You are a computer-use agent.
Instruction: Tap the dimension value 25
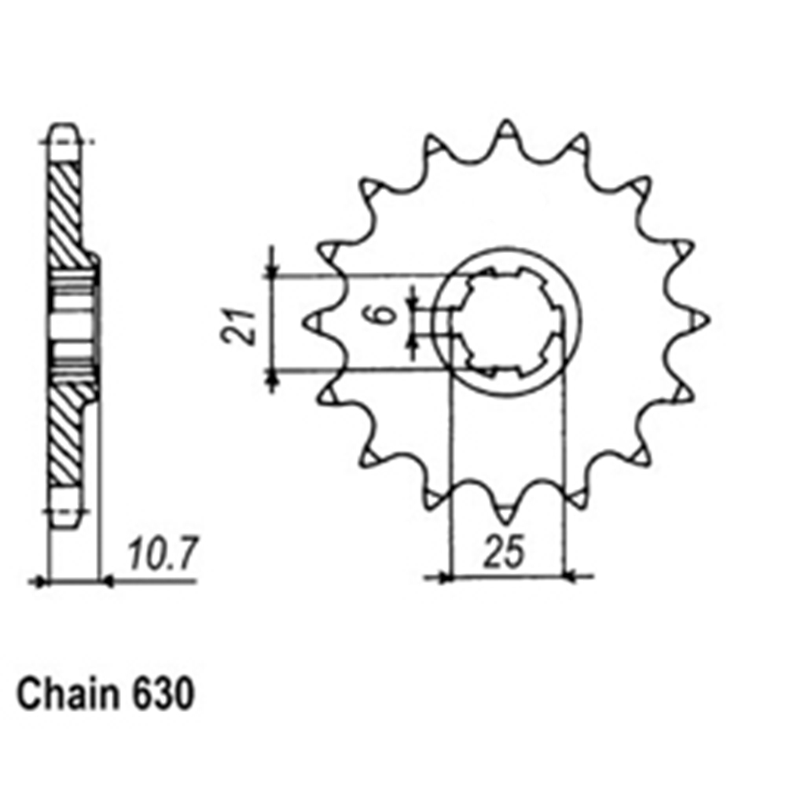coord(505,552)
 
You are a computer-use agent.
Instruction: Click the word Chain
coord(68,694)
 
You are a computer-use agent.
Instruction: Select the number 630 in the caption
coord(163,694)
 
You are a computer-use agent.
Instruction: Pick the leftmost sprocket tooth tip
coord(304,322)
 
